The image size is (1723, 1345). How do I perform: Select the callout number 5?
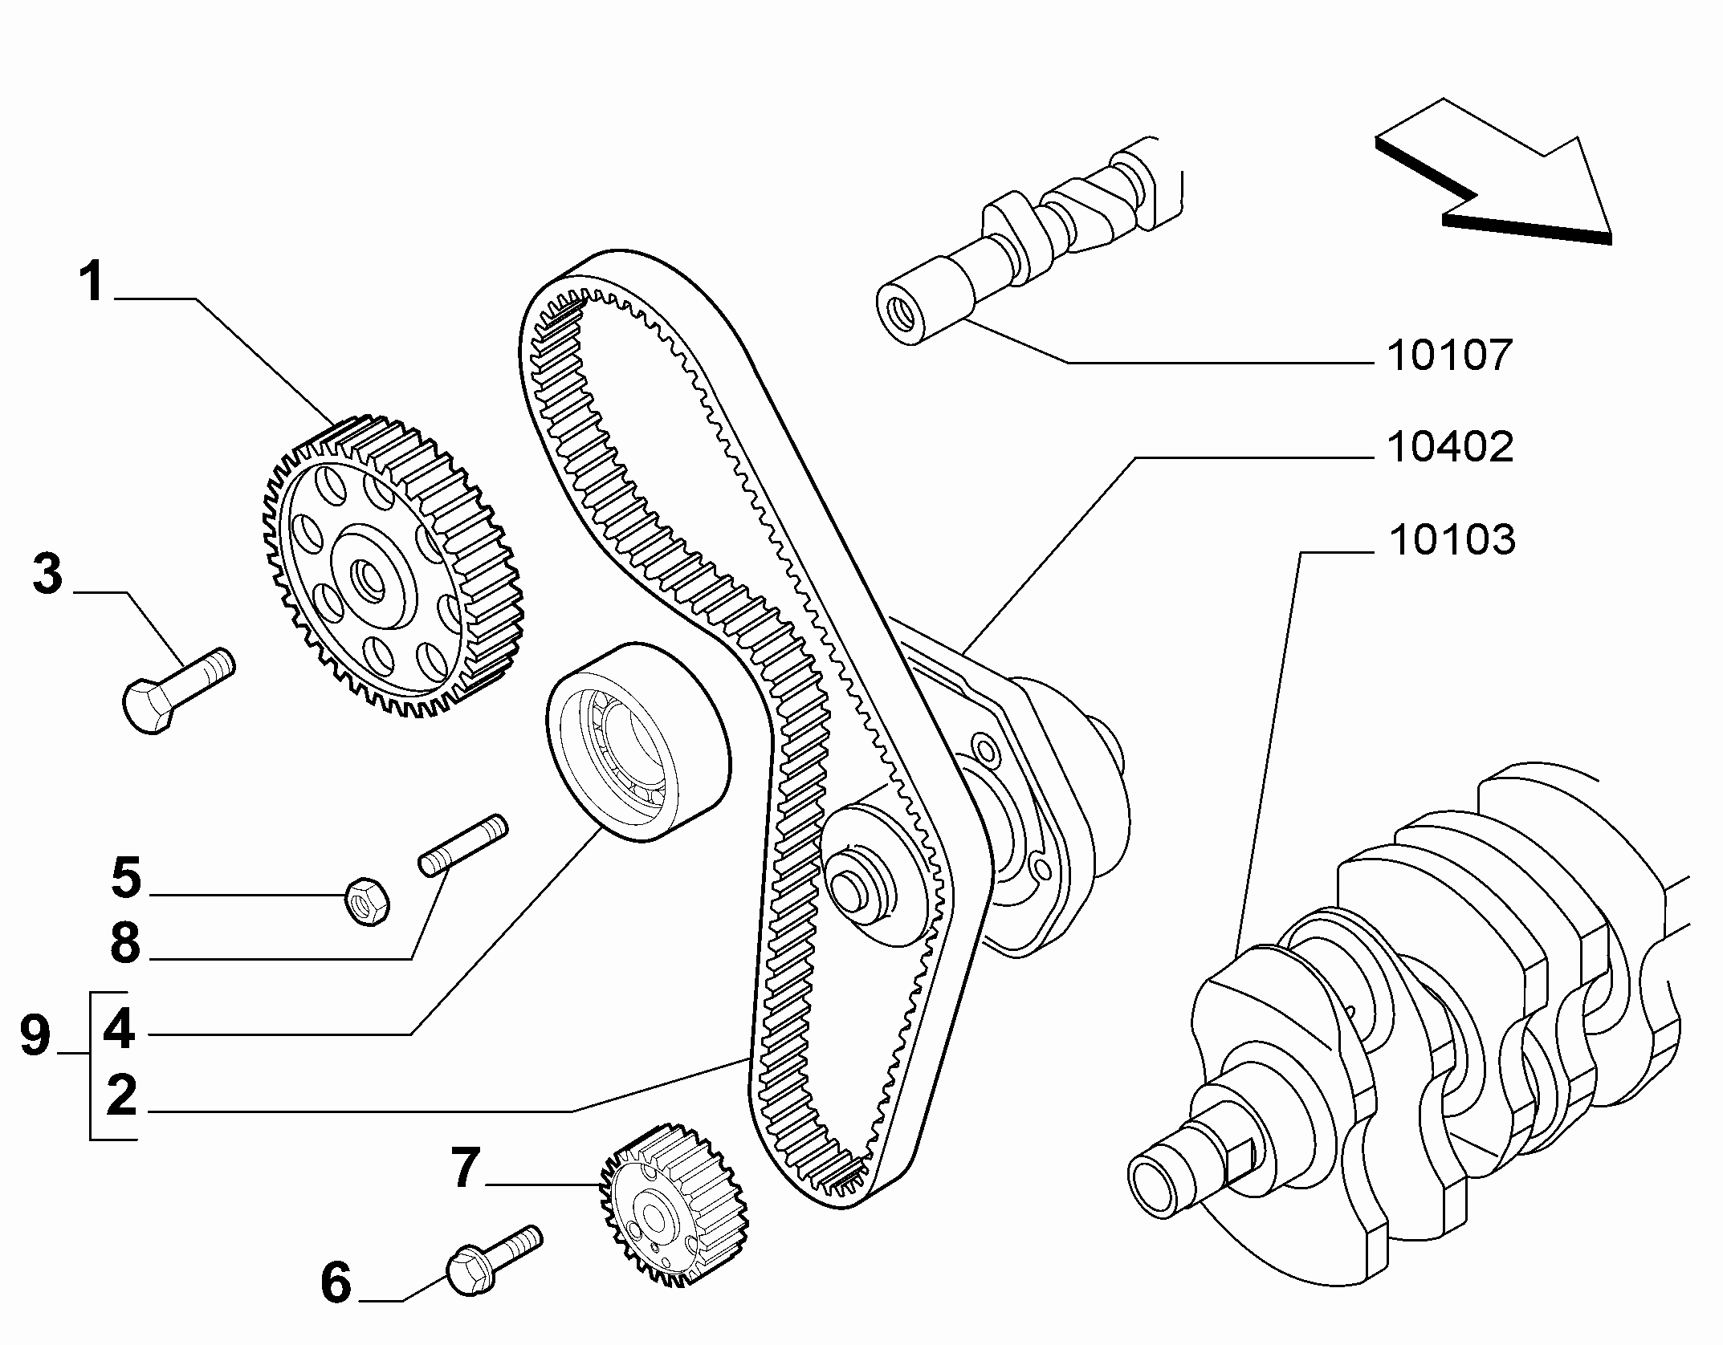[126, 877]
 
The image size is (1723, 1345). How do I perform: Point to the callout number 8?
[125, 942]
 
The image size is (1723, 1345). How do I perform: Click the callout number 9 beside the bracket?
[35, 1034]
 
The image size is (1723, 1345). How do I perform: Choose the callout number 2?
[121, 1096]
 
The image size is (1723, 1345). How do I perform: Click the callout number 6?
[336, 1305]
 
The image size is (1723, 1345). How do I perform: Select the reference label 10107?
[1450, 356]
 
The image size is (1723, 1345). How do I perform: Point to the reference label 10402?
[1450, 447]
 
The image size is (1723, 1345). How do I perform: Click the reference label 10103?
[1452, 539]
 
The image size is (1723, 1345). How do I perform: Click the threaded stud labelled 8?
[463, 846]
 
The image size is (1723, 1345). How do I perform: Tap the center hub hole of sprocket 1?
[372, 576]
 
